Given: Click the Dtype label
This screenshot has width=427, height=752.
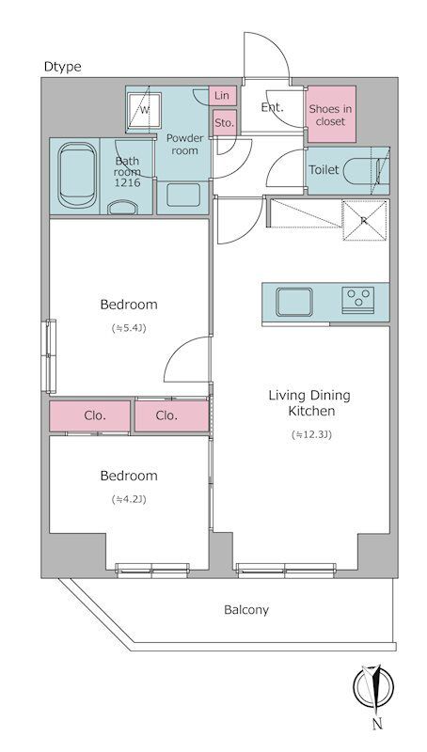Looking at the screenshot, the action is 62,67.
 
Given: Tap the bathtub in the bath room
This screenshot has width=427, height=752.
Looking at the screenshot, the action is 77,176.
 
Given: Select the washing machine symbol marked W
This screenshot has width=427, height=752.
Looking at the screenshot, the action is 144,110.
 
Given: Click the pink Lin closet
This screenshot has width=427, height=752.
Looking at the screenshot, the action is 223,95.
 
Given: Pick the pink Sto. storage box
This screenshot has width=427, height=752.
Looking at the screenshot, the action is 224,123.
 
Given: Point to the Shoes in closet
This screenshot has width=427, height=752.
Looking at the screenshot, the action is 330,115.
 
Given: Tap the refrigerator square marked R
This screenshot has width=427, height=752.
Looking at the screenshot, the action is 365,220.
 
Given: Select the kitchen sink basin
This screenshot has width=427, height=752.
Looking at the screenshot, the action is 294,302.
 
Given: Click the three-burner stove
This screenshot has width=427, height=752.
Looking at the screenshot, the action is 358,300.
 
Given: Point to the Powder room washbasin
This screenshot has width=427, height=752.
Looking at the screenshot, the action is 183,196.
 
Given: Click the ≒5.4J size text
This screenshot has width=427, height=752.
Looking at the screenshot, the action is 129,328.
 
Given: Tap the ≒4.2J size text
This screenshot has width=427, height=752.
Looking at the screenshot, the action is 129,499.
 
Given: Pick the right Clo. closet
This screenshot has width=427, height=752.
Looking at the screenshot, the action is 172,415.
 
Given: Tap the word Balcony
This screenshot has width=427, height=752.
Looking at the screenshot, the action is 246,610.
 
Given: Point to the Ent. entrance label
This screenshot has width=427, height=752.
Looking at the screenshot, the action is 272,108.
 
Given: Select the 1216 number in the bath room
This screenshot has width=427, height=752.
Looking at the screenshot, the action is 127,182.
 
